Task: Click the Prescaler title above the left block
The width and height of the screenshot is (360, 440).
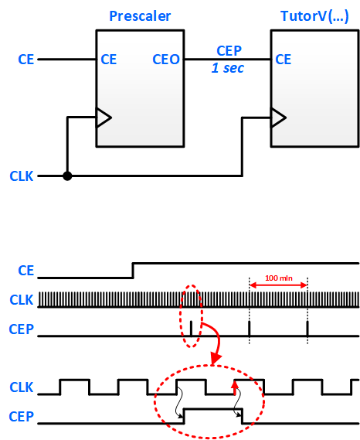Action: pyautogui.click(x=140, y=16)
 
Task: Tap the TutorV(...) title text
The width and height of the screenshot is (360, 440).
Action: pyautogui.click(x=314, y=16)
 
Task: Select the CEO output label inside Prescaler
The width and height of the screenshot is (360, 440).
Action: pyautogui.click(x=166, y=60)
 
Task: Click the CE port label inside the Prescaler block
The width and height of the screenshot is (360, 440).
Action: pyautogui.click(x=108, y=60)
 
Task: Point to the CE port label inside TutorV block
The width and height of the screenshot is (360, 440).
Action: pyautogui.click(x=284, y=60)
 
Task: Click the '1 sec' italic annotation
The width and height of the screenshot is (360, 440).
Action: pyautogui.click(x=228, y=68)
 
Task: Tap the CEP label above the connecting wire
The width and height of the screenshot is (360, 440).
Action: pyautogui.click(x=229, y=51)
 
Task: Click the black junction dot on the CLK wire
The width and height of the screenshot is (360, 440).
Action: pyautogui.click(x=67, y=176)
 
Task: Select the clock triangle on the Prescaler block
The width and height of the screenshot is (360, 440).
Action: pyautogui.click(x=104, y=118)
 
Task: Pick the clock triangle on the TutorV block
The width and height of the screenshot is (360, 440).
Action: pyautogui.click(x=278, y=118)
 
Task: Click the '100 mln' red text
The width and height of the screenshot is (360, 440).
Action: pyautogui.click(x=279, y=278)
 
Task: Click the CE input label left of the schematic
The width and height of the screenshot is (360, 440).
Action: pyautogui.click(x=26, y=60)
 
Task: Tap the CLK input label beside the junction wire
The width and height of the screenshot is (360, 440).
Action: pyautogui.click(x=22, y=176)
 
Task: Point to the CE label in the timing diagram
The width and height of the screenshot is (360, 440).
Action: pyautogui.click(x=26, y=271)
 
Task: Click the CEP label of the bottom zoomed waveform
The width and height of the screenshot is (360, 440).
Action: pyautogui.click(x=22, y=417)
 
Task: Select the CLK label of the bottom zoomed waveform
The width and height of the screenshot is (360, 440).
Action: pyautogui.click(x=22, y=387)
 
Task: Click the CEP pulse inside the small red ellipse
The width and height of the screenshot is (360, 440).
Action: pyautogui.click(x=192, y=329)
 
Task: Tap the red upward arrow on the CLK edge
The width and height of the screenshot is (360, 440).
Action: pyautogui.click(x=235, y=388)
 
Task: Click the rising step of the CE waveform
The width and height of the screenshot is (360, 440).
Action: pyautogui.click(x=133, y=271)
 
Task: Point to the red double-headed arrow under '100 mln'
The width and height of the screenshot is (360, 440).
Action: pyautogui.click(x=278, y=285)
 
